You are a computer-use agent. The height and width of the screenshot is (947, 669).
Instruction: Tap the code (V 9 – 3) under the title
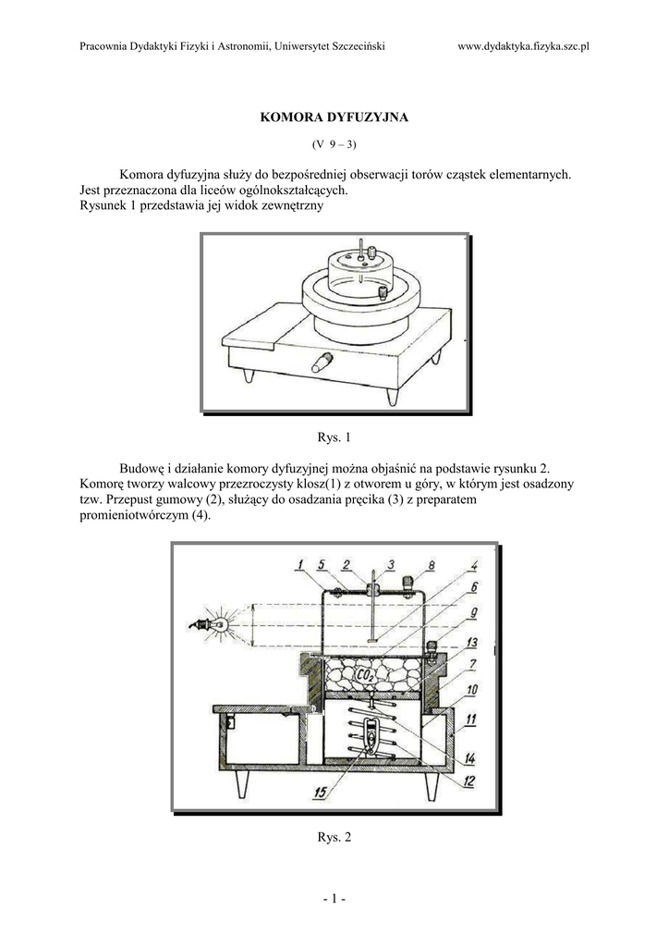[334, 144]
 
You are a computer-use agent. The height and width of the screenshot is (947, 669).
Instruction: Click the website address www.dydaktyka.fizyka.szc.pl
[523, 46]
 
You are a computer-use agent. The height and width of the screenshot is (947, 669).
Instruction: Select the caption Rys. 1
[334, 437]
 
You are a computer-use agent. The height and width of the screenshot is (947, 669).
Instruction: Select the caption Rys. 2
[334, 838]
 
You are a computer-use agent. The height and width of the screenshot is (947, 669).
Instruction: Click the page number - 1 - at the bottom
[334, 897]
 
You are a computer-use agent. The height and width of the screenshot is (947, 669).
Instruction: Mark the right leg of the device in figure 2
[431, 785]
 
